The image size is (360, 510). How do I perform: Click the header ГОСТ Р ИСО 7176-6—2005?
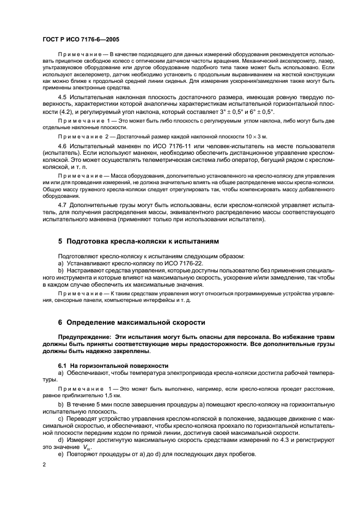[x=81, y=40]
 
